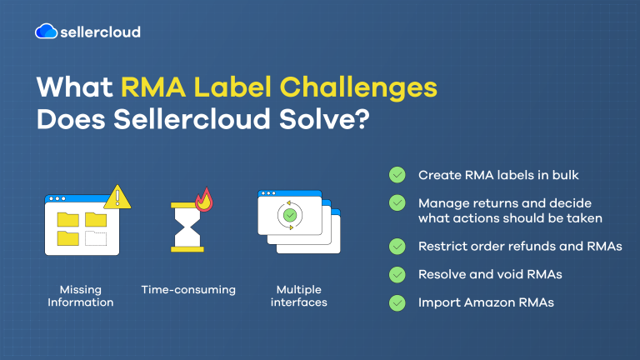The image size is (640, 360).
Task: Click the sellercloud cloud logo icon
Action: (46, 32)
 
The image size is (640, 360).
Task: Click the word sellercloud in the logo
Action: (99, 32)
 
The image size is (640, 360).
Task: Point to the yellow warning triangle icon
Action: (117, 197)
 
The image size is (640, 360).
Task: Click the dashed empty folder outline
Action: (97, 238)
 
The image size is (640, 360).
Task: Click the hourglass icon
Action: (187, 226)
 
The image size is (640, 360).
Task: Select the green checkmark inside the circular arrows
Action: (289, 215)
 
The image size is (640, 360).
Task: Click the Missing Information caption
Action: (80, 296)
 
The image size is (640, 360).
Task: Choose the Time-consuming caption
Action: (188, 290)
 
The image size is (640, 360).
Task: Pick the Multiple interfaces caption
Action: (298, 296)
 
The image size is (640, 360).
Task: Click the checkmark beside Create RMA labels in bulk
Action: (397, 175)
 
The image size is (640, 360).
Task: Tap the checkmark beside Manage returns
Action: (397, 203)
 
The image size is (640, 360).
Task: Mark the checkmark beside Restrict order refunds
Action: (397, 246)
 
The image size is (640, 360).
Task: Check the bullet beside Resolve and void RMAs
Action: (397, 274)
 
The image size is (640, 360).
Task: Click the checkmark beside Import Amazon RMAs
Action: (397, 302)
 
